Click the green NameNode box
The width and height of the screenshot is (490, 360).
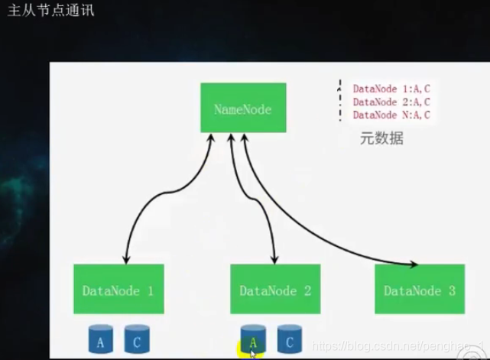tap(243, 109)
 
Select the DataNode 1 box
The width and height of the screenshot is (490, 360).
tap(118, 290)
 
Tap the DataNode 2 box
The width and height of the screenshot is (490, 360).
tap(275, 290)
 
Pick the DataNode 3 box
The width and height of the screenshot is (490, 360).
tap(420, 290)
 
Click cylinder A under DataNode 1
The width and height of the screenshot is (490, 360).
tap(100, 341)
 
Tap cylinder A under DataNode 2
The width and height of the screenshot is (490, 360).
tap(253, 341)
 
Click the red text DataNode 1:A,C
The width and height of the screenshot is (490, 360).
tap(391, 89)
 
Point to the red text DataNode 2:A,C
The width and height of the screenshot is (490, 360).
tap(391, 102)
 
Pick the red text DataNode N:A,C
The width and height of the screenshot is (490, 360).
tap(391, 115)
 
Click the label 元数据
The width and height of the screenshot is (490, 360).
tap(381, 138)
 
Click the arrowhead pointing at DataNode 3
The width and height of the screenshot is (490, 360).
tap(414, 264)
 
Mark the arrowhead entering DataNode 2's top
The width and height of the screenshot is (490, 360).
tap(274, 260)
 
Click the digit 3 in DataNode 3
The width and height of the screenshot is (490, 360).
tap(451, 290)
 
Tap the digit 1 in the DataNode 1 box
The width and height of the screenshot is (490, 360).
tap(150, 290)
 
